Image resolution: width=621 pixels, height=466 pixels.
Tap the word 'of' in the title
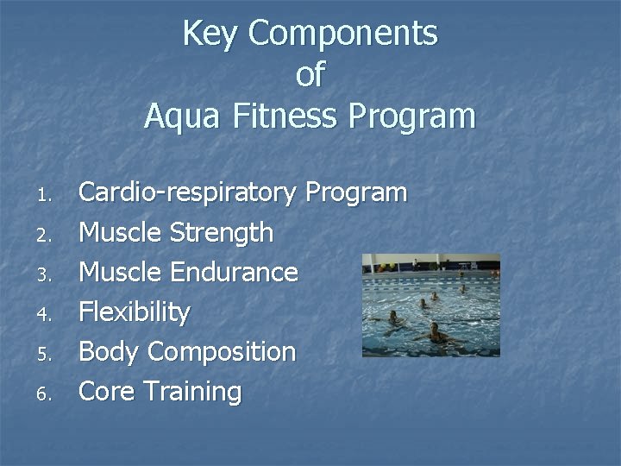tap(310, 75)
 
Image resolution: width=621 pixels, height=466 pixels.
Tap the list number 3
tap(48, 274)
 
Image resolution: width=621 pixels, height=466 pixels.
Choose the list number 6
tap(48, 394)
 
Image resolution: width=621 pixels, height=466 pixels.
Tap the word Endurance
tap(234, 273)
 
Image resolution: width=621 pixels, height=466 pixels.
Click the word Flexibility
tap(134, 312)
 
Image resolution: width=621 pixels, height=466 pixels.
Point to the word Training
tap(192, 392)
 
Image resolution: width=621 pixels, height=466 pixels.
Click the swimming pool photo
tap(430, 305)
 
